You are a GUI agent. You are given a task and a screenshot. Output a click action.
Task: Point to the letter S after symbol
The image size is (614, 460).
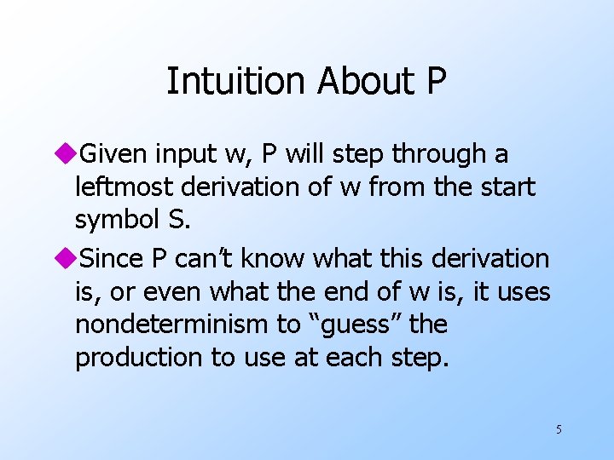click(176, 219)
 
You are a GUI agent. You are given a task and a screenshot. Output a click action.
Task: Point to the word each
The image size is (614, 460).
click(351, 358)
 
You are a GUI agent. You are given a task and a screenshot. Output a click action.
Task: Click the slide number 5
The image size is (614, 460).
click(559, 429)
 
